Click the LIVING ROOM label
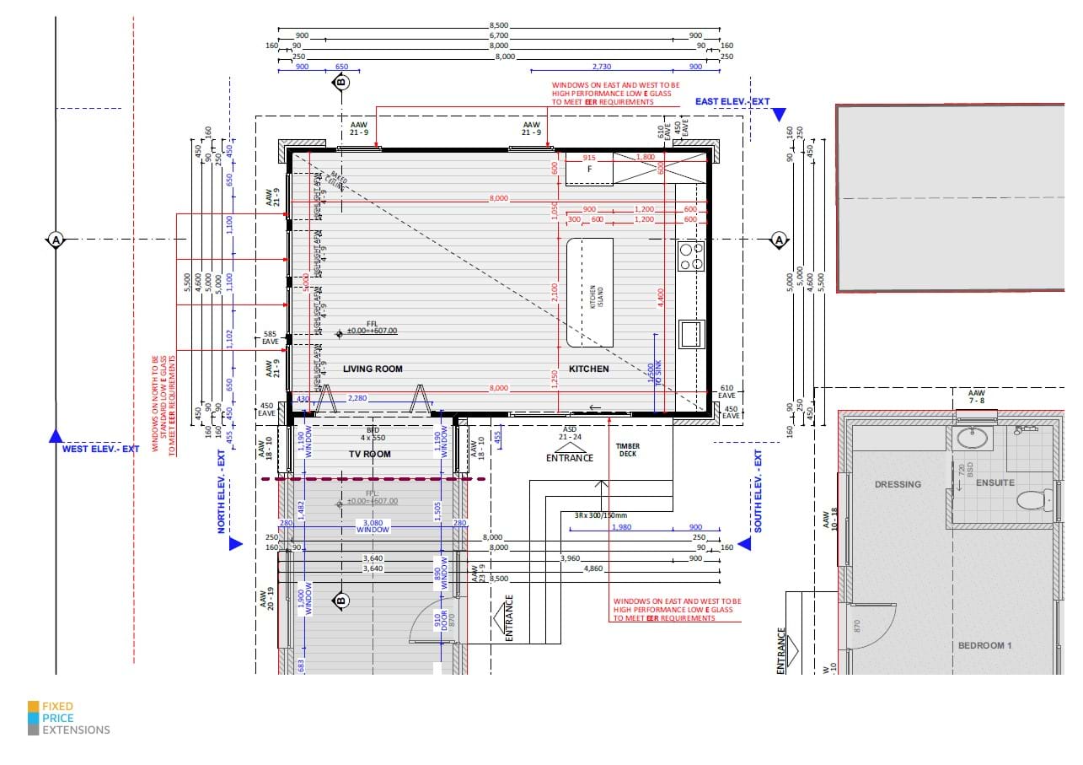pyautogui.click(x=373, y=369)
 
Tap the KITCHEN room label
pyautogui.click(x=588, y=369)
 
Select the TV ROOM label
pyautogui.click(x=371, y=455)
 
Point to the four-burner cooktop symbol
pyautogui.click(x=691, y=256)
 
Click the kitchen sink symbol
pyautogui.click(x=690, y=333)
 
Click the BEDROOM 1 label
pyautogui.click(x=984, y=646)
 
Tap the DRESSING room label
pyautogui.click(x=898, y=485)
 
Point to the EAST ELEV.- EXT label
pyautogui.click(x=732, y=102)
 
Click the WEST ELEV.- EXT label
pyautogui.click(x=100, y=450)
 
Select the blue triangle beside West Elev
pyautogui.click(x=56, y=436)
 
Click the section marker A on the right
pyautogui.click(x=779, y=240)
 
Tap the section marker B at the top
pyautogui.click(x=340, y=83)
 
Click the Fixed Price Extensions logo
pyautogui.click(x=69, y=718)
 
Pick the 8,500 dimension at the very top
pyautogui.click(x=500, y=27)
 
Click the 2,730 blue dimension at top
pyautogui.click(x=602, y=67)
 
